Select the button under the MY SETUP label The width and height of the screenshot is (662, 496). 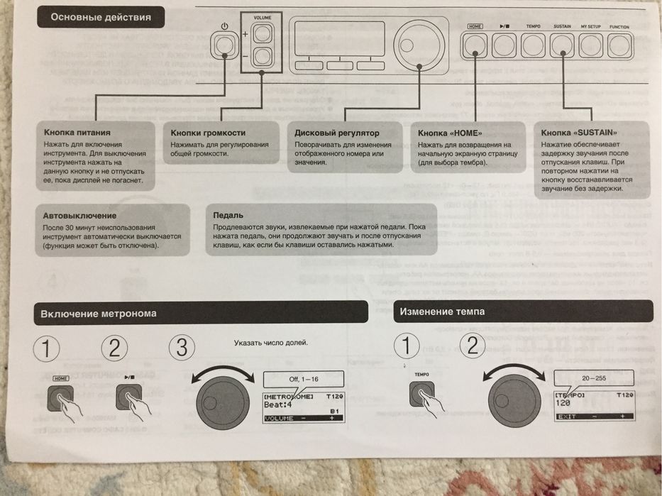(x=590, y=45)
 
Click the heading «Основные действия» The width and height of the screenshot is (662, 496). (x=100, y=17)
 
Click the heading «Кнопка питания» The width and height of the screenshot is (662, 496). (x=77, y=133)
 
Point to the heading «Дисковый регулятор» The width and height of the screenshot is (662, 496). (x=337, y=133)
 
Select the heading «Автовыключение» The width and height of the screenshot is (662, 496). (x=79, y=215)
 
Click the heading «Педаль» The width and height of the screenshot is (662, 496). (x=228, y=215)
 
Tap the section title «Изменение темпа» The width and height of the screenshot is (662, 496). (x=443, y=312)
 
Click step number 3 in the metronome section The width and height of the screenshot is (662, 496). (x=182, y=348)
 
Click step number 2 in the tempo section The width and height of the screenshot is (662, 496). (x=469, y=346)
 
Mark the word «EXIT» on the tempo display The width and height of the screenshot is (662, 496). (x=568, y=417)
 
